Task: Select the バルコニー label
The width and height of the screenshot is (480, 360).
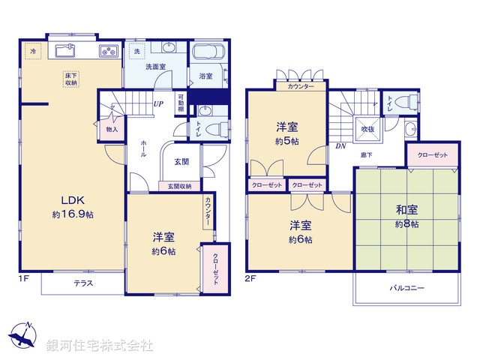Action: [x=406, y=288]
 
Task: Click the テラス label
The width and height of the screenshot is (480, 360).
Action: [x=83, y=283]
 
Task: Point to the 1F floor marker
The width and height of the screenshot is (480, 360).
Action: [x=24, y=278]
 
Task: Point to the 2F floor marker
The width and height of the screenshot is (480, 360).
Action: [x=251, y=278]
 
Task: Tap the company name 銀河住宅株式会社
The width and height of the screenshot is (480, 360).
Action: [x=100, y=346]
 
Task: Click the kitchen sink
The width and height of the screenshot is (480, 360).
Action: [x=64, y=52]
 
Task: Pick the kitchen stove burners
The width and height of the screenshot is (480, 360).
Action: [x=109, y=52]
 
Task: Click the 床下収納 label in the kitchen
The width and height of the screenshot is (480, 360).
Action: [x=71, y=80]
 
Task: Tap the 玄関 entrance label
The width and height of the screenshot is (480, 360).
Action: [x=181, y=161]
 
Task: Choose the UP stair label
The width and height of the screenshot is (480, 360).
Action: [x=159, y=104]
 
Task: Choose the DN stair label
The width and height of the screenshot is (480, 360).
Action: [x=340, y=146]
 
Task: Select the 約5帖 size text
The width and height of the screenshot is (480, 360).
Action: [x=288, y=141]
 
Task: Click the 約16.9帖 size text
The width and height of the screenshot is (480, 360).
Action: [x=73, y=214]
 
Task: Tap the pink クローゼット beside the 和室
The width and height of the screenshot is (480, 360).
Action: [x=433, y=154]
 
